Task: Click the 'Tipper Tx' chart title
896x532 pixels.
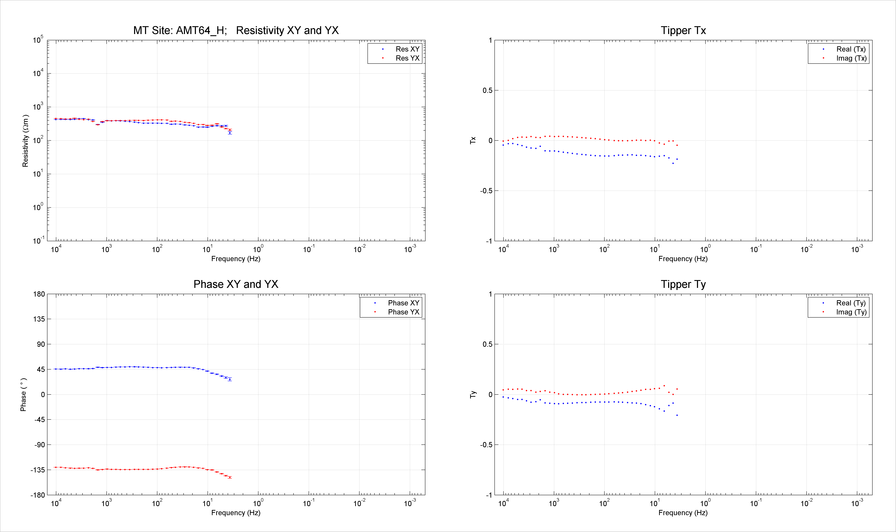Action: pyautogui.click(x=683, y=30)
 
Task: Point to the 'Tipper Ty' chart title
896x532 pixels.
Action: pyautogui.click(x=683, y=284)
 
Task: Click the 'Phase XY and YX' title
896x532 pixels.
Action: pyautogui.click(x=236, y=284)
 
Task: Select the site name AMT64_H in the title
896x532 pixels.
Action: pyautogui.click(x=201, y=30)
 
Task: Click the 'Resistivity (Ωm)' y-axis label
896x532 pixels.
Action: pyautogui.click(x=25, y=141)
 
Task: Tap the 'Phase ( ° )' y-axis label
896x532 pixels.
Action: pyautogui.click(x=23, y=394)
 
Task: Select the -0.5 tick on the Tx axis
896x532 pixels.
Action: pyautogui.click(x=486, y=191)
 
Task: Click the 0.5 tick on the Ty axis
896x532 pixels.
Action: pyautogui.click(x=488, y=344)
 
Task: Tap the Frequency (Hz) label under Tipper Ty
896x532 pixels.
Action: pyautogui.click(x=683, y=513)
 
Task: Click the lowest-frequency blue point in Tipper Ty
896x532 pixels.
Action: pyautogui.click(x=677, y=415)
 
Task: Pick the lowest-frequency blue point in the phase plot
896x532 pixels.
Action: pyautogui.click(x=230, y=379)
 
